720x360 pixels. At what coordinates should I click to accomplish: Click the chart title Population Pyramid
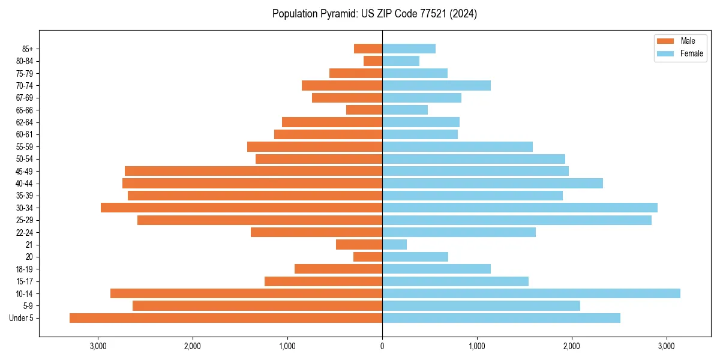[374, 14]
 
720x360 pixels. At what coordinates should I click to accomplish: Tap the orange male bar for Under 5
[226, 318]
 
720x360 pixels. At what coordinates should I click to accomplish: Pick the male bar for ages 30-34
[241, 208]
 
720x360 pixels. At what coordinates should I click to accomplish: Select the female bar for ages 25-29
[517, 220]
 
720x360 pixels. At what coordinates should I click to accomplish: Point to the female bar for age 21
[394, 245]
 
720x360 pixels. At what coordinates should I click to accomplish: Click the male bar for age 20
[368, 257]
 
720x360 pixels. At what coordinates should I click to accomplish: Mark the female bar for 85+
[409, 49]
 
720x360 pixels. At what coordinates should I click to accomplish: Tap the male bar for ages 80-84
[373, 61]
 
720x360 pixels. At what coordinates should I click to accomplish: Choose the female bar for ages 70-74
[436, 85]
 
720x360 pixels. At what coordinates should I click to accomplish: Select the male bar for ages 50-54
[319, 159]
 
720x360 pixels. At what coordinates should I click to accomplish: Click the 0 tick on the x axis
[382, 346]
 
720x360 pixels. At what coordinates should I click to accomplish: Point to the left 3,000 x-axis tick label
[98, 346]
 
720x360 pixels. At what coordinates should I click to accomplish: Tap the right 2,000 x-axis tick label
[572, 346]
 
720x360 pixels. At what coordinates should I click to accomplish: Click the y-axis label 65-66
[25, 110]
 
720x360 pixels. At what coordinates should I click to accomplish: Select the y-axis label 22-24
[25, 232]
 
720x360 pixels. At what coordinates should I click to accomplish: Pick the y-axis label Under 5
[22, 318]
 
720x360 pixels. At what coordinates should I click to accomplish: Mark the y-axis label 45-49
[25, 171]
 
